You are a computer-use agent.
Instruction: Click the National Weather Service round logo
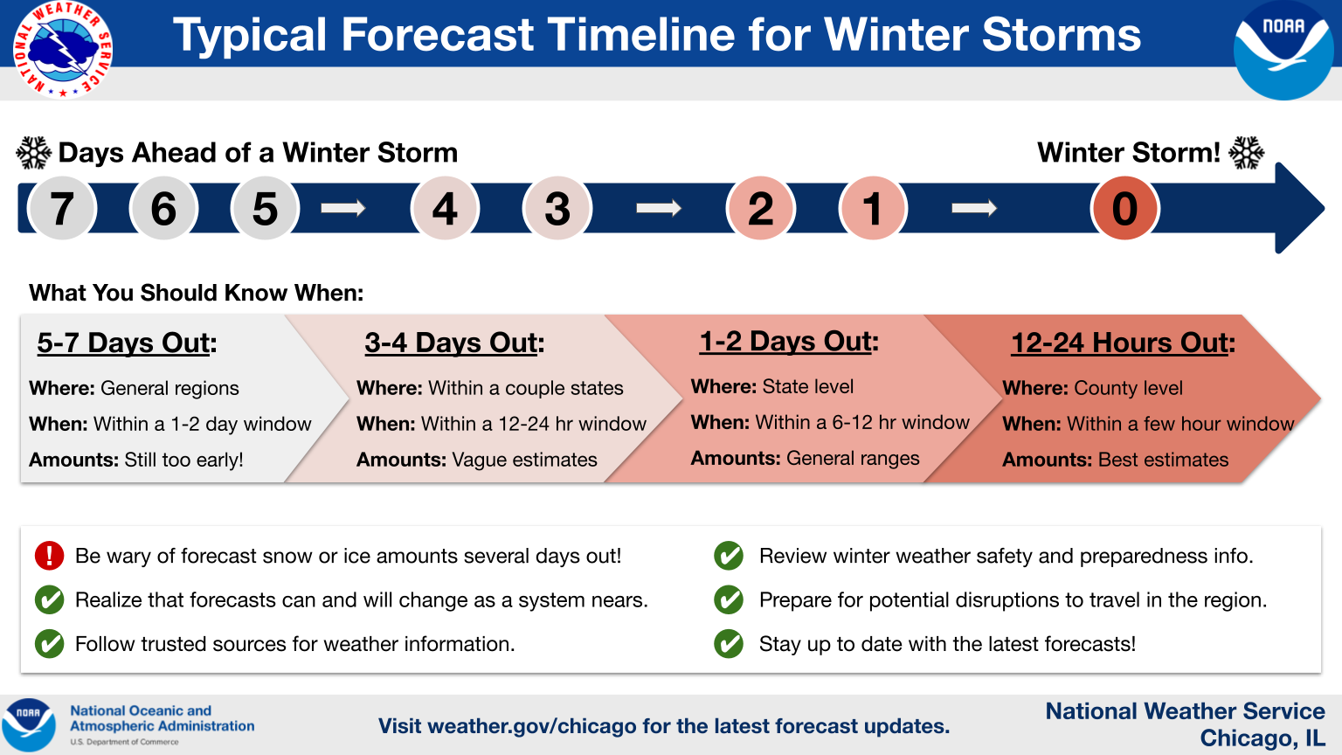[x=63, y=49]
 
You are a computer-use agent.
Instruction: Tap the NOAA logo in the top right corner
[x=1283, y=49]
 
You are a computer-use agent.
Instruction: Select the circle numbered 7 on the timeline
[x=62, y=209]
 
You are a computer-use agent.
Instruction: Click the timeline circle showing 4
[x=445, y=209]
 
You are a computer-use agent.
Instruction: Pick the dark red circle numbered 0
[x=1124, y=209]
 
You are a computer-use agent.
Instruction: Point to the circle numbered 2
[x=760, y=209]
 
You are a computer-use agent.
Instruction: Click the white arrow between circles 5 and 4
[x=342, y=209]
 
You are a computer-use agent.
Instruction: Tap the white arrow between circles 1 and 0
[x=974, y=209]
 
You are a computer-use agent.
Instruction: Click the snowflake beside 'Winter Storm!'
[x=1246, y=153]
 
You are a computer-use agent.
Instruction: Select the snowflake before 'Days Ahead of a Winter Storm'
[x=33, y=153]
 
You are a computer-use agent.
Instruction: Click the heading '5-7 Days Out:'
[x=127, y=343]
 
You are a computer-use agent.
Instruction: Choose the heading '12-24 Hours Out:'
[x=1123, y=343]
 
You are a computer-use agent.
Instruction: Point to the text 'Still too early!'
[x=183, y=460]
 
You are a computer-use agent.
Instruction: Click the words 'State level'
[x=807, y=386]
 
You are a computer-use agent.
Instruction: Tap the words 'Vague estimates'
[x=524, y=460]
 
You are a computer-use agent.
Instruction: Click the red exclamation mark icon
[x=49, y=556]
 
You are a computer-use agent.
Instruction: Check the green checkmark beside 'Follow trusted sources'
[x=49, y=643]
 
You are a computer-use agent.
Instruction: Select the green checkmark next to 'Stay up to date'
[x=729, y=643]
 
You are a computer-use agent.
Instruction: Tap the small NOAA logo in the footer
[x=28, y=724]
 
